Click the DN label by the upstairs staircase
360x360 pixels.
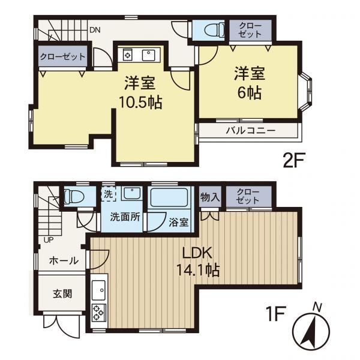coord(95,30)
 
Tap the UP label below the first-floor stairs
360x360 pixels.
coord(49,240)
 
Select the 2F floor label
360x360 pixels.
coord(293,160)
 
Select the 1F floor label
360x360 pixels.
coord(275,314)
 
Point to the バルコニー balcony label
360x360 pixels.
coord(250,131)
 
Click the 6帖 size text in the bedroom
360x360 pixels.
coord(250,93)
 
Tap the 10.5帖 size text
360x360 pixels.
coord(140,103)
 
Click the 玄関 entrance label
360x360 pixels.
coord(62,293)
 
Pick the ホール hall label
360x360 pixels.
coord(64,261)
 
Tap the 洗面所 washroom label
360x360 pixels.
coord(125,217)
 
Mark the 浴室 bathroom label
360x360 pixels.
coord(179,222)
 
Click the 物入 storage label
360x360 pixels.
coord(210,197)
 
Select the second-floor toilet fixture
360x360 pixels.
coord(214,30)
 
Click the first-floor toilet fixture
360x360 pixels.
coord(74,197)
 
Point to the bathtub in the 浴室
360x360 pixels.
coord(169,197)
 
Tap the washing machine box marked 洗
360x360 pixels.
coord(109,194)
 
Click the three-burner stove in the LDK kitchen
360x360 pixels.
coord(99,313)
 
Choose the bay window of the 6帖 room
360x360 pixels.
coord(307,92)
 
